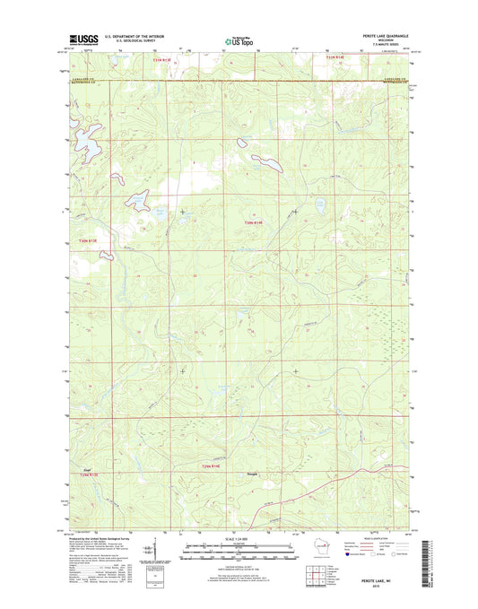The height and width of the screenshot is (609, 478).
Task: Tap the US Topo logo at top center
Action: pos(239,39)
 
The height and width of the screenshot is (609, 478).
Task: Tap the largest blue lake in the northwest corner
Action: pos(87,139)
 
